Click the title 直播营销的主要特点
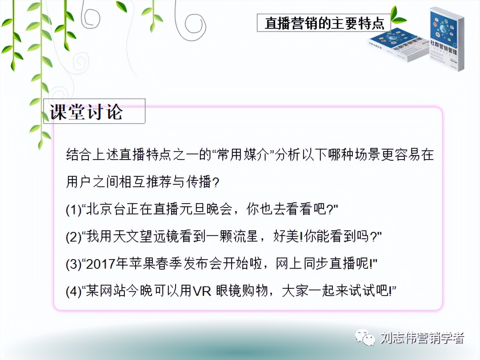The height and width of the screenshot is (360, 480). tap(324, 23)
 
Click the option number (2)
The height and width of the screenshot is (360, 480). tap(73, 237)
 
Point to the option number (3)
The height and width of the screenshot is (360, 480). tap(73, 264)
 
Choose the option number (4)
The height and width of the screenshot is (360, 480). tap(73, 291)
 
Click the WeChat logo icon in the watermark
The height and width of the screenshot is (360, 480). tap(365, 338)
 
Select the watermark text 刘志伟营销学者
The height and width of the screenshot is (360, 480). tap(422, 338)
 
